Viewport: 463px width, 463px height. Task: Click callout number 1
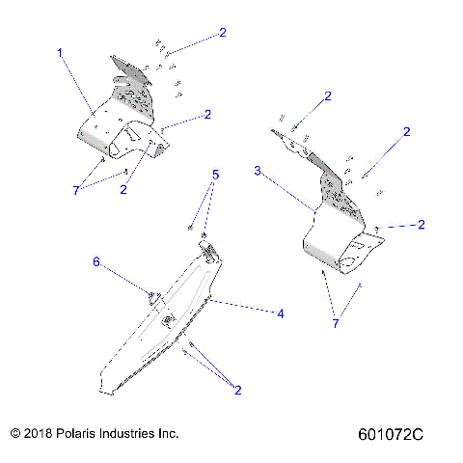tap(60, 52)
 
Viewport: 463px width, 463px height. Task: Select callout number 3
tap(258, 170)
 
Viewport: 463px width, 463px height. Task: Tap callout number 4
tap(281, 313)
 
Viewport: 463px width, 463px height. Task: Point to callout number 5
tap(216, 175)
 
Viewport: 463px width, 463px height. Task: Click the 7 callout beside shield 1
tap(75, 191)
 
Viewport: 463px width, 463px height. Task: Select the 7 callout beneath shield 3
tap(337, 322)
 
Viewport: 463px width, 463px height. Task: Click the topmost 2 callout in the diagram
tap(222, 32)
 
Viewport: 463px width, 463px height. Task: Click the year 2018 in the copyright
tap(41, 433)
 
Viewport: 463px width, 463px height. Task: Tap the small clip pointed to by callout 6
tap(151, 295)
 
